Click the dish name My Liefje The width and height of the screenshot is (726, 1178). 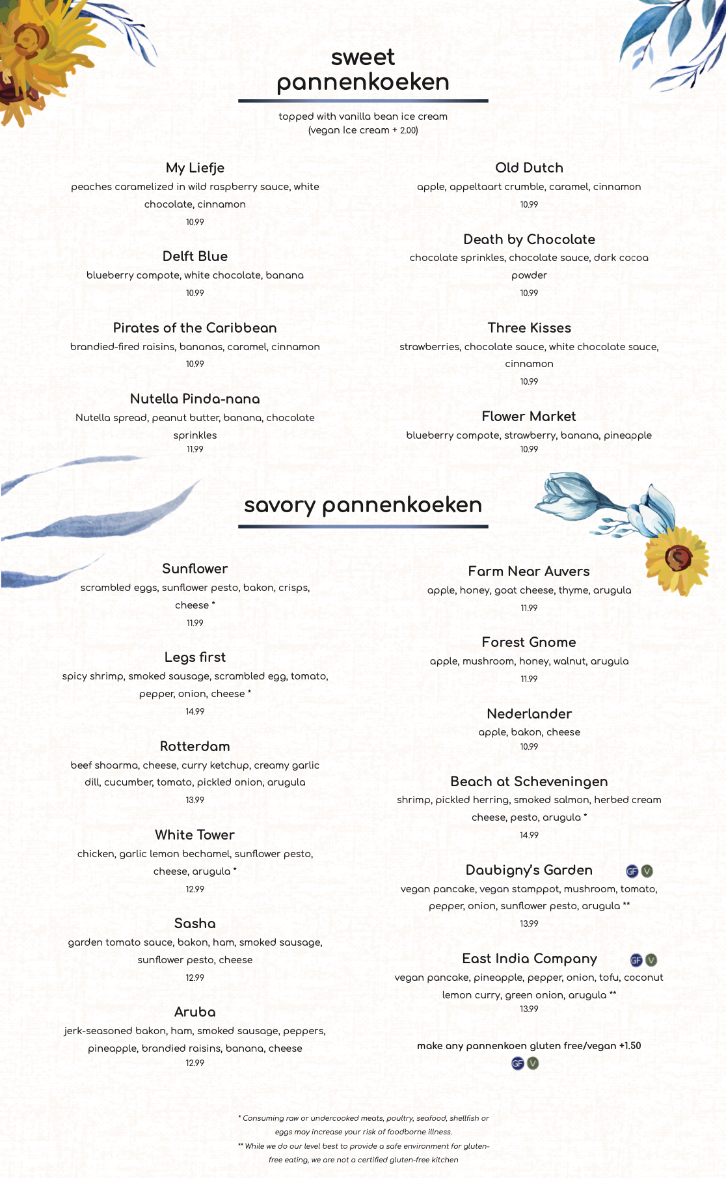point(195,168)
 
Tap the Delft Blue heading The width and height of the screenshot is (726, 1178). point(195,256)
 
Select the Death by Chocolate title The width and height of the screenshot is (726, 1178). point(529,240)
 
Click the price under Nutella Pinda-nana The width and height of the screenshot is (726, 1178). point(195,450)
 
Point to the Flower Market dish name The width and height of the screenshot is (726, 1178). point(529,417)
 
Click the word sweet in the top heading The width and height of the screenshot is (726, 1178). point(362,57)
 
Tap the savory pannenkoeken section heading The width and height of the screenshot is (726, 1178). point(363,505)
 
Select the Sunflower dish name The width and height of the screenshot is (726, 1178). point(195,569)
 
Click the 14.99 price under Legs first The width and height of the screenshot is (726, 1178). point(195,712)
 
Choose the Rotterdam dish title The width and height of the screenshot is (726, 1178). point(195,747)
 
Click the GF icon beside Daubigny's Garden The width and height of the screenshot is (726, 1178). point(632,871)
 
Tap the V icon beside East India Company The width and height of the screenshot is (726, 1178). point(651,960)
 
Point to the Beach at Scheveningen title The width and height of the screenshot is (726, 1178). point(529,782)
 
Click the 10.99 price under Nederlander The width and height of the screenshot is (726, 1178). point(529,747)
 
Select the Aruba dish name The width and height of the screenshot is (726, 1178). point(195,1012)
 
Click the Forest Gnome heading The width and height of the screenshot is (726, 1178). point(529,642)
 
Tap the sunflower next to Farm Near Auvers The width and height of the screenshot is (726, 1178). point(677,558)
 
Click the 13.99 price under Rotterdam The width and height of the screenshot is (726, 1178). point(195,801)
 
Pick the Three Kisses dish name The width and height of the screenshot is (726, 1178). point(529,328)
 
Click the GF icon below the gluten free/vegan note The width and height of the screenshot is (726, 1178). point(518,1063)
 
